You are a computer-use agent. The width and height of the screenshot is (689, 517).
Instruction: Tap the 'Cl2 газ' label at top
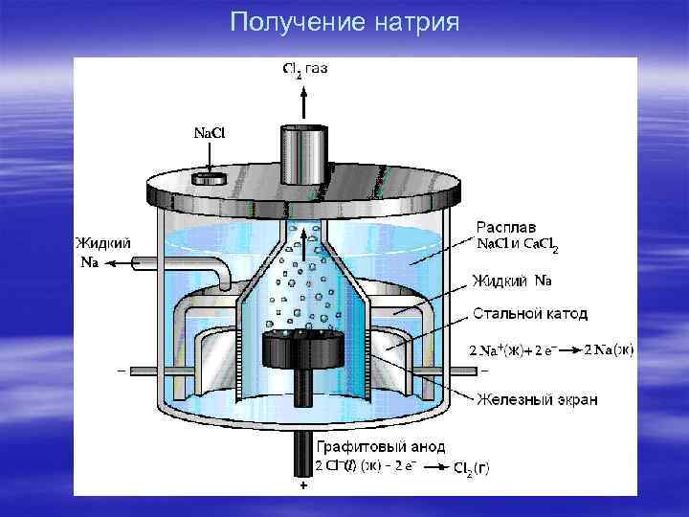click(x=305, y=69)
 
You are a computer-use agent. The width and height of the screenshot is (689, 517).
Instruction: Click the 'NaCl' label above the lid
click(x=209, y=131)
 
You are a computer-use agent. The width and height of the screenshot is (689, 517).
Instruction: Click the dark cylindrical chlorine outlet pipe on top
click(x=305, y=153)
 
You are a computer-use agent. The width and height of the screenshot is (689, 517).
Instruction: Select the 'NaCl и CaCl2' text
click(x=517, y=246)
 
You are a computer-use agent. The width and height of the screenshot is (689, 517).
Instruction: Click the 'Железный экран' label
click(x=537, y=399)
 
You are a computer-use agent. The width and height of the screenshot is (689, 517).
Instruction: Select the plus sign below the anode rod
click(x=303, y=487)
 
